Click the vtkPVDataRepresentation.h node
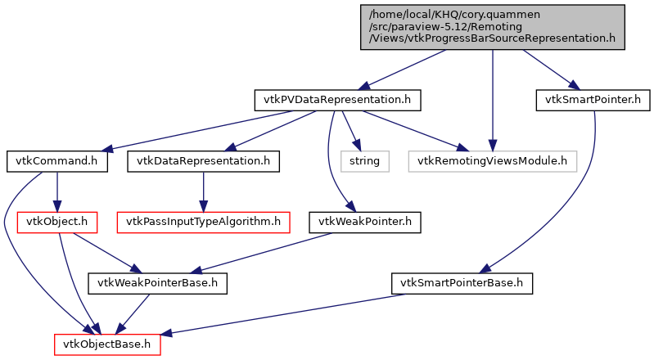pos(337,101)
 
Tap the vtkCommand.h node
pos(56,160)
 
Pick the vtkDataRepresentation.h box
pos(203,160)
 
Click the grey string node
pos(364,160)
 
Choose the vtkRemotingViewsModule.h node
pos(492,160)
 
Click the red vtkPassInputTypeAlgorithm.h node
pos(202,221)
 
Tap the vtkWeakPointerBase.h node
pos(158,284)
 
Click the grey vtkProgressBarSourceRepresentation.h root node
pos(492,27)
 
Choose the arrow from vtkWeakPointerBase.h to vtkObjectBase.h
pos(134,313)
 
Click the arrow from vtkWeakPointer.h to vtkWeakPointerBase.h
pos(262,252)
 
